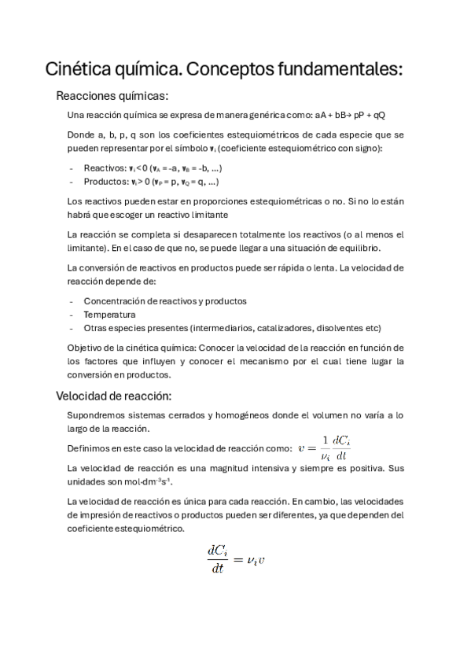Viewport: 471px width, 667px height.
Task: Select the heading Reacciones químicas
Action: [112, 97]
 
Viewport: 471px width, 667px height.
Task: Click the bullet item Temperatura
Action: [109, 315]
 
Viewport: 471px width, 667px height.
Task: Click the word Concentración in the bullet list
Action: [115, 301]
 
